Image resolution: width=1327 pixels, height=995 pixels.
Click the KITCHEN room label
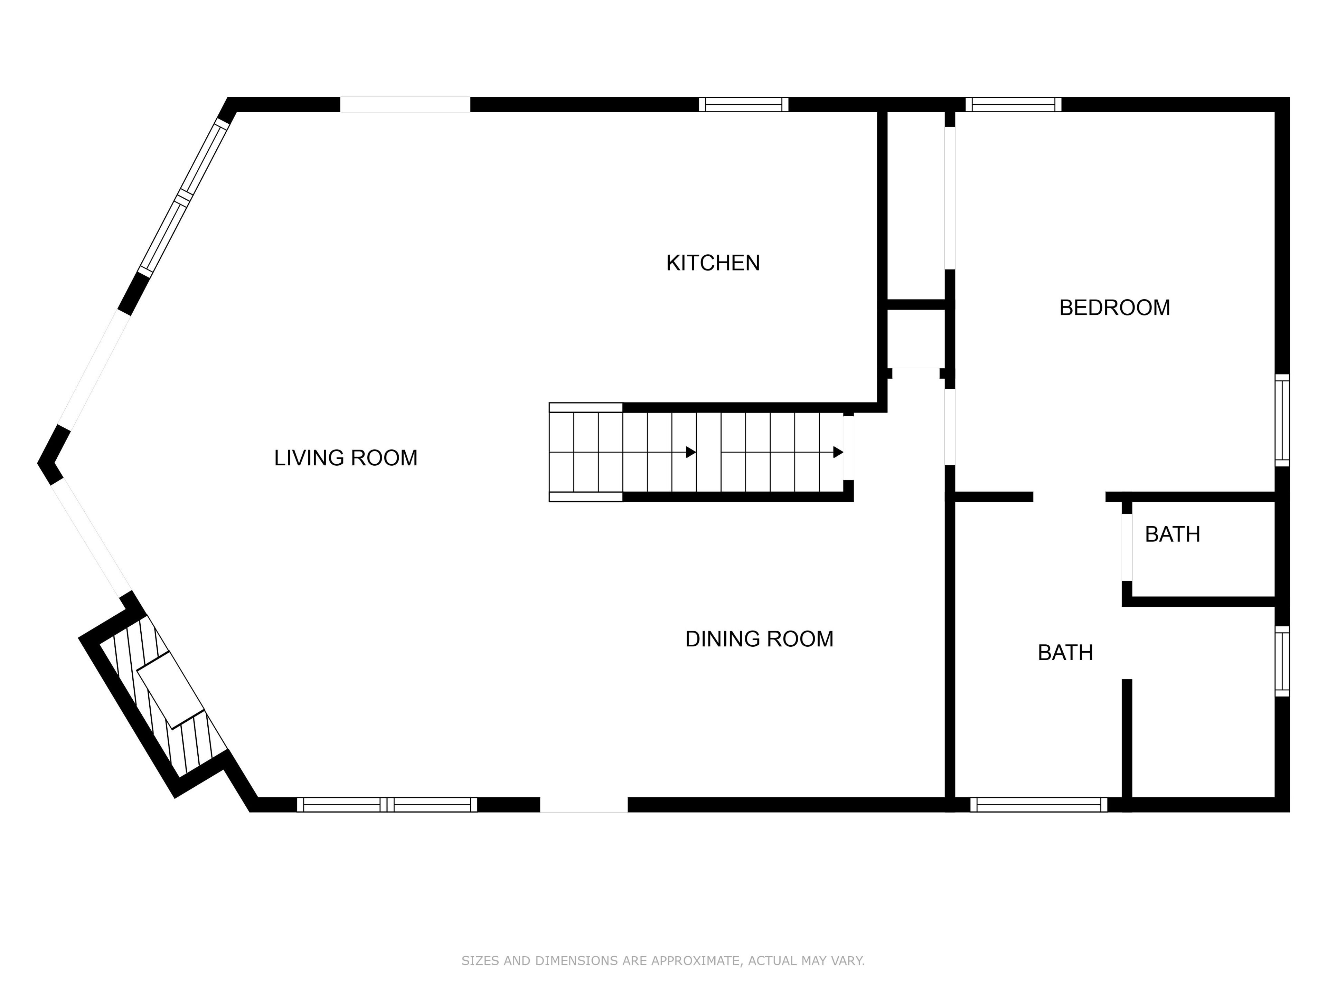pos(713,263)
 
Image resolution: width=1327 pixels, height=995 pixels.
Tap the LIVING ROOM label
pos(346,458)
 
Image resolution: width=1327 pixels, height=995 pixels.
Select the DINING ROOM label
pos(759,639)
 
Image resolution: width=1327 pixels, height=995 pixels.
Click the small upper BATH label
pos(1172,534)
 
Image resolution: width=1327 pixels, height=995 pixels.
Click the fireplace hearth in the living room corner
pos(171,690)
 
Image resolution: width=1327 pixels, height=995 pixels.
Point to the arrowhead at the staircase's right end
pos(838,452)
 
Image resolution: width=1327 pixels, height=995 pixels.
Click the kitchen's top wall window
pos(743,104)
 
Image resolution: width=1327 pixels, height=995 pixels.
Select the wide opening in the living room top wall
pos(405,104)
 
